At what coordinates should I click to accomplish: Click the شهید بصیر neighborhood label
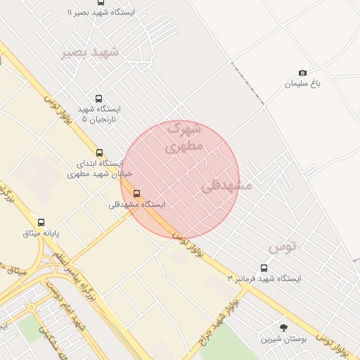pos(90,53)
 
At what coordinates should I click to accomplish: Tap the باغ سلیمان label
pos(302,84)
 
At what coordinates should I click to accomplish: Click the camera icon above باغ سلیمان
pos(303,73)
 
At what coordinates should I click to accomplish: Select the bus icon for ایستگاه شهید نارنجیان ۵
pos(98,98)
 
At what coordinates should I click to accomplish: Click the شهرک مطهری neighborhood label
pos(184,138)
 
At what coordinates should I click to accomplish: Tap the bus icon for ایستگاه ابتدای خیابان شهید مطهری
pos(98,153)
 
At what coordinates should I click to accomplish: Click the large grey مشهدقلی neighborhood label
pos(226,186)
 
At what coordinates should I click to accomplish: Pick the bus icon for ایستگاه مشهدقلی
pos(136,193)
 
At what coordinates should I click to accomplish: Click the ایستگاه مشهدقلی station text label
pos(136,205)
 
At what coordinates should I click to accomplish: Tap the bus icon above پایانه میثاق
pos(41,222)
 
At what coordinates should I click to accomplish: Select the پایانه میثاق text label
pos(41,233)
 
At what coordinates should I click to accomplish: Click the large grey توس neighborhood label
pos(283,247)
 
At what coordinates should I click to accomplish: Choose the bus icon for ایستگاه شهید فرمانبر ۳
pos(264,268)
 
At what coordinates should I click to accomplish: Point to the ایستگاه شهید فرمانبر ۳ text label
pos(264,279)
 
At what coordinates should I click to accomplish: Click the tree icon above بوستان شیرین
pos(283,328)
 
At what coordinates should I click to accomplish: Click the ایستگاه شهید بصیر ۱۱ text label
pos(101,13)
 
